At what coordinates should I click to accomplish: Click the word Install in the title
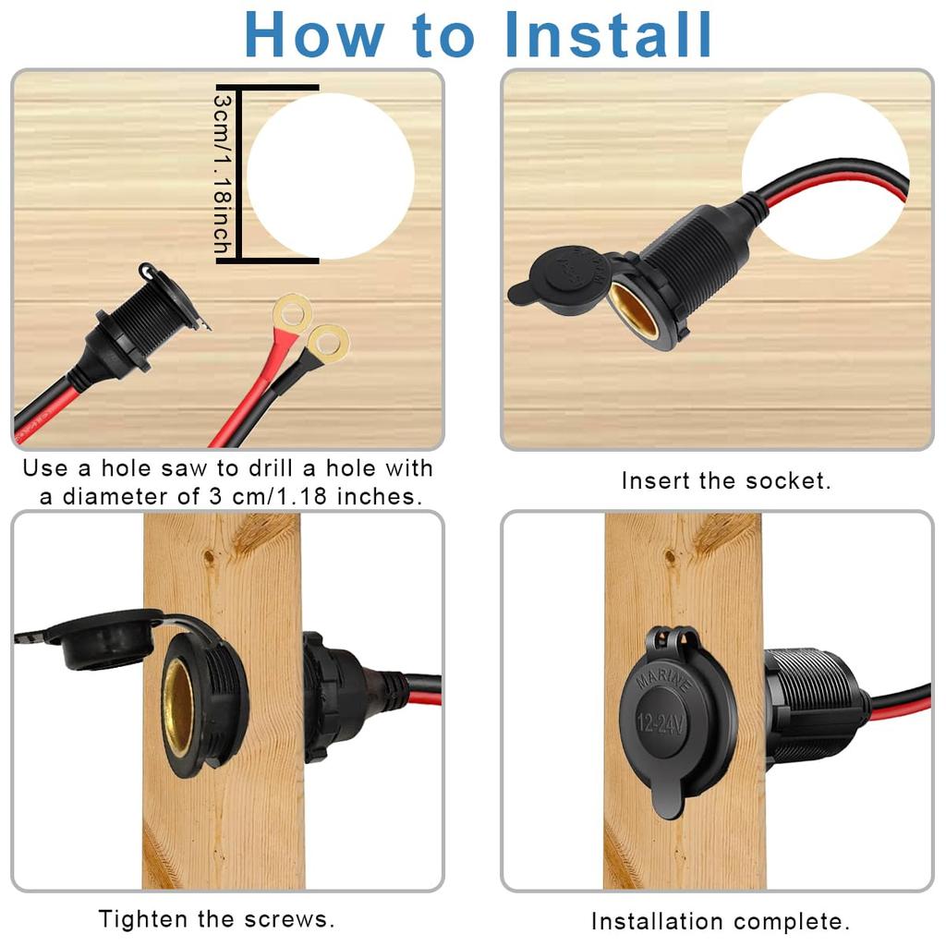pos(609,35)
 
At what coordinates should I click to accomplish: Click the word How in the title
pos(314,35)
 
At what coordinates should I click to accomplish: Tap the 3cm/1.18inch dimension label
pos(223,174)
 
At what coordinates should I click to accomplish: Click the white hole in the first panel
pos(330,176)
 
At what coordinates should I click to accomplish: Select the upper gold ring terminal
pos(291,314)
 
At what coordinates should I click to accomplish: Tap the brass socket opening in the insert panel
pos(636,310)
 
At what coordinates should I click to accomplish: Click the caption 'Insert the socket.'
pos(726,481)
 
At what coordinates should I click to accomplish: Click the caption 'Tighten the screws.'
pos(216,919)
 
